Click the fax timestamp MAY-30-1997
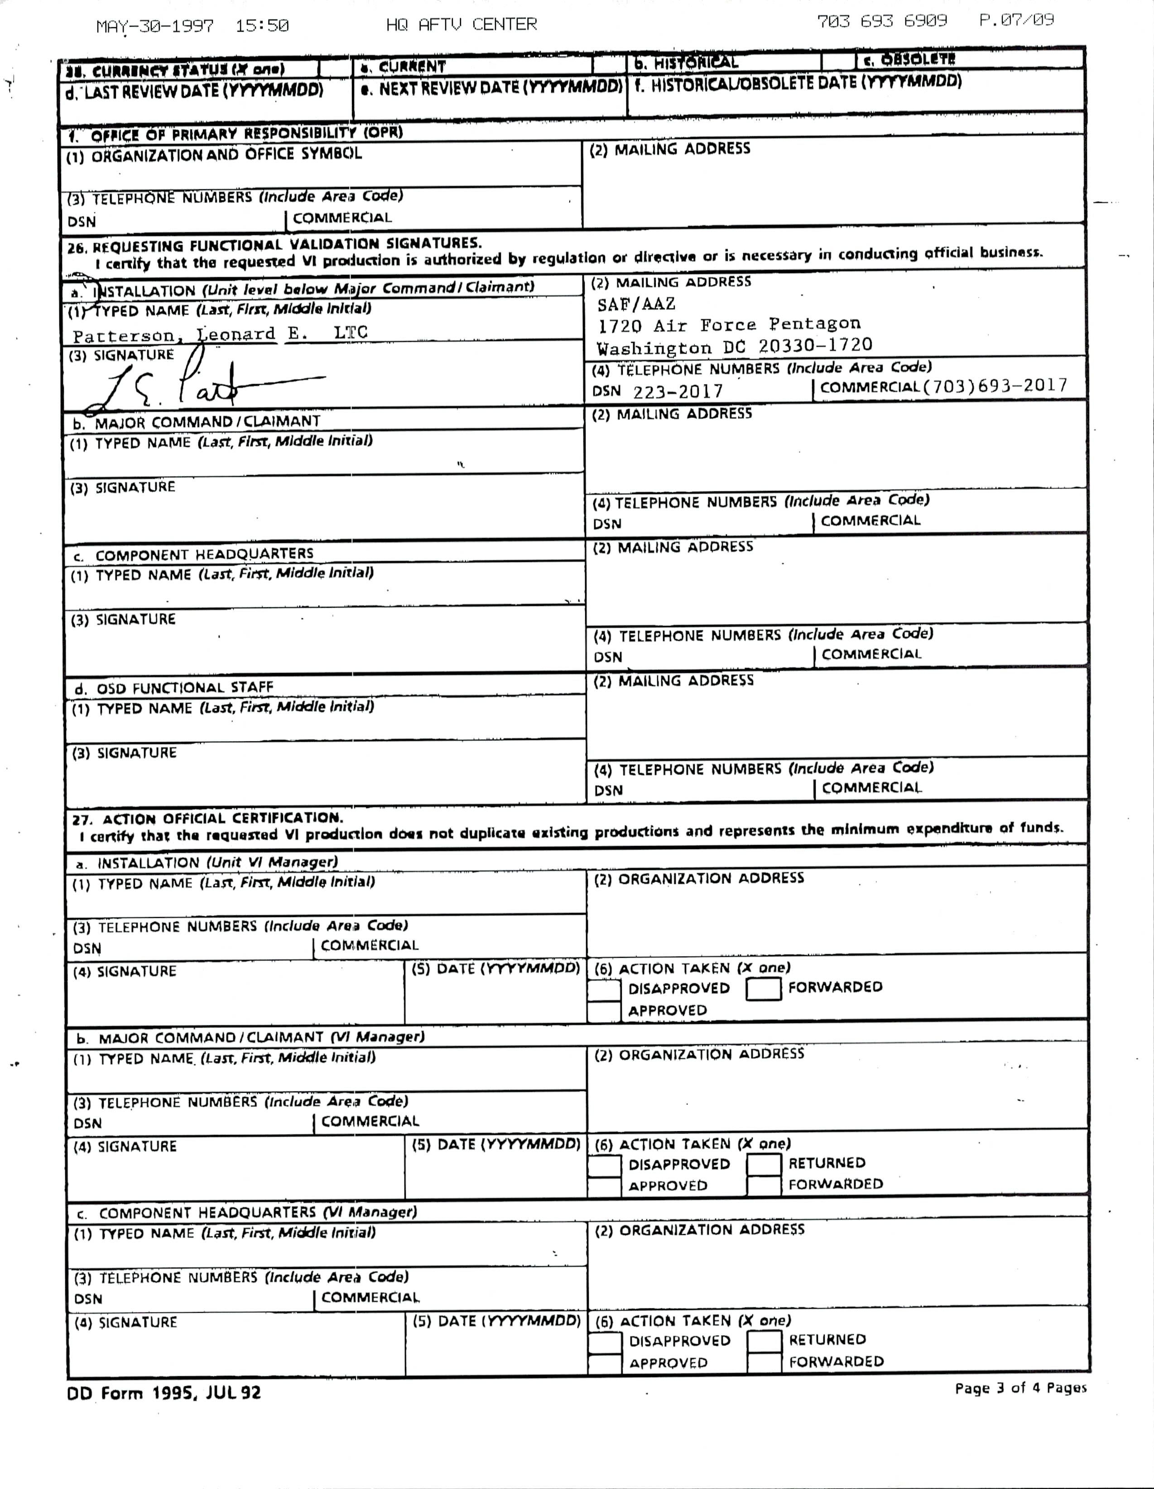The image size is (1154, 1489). pyautogui.click(x=155, y=27)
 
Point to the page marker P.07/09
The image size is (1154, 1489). pyautogui.click(x=1016, y=20)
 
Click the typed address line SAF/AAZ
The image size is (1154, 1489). pyautogui.click(x=636, y=304)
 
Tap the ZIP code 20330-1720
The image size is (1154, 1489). pyautogui.click(x=815, y=346)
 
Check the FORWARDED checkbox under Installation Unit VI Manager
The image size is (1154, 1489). pyautogui.click(x=763, y=989)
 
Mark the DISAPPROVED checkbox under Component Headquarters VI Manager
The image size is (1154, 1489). pyautogui.click(x=604, y=1342)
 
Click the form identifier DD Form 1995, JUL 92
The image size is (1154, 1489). pyautogui.click(x=163, y=1393)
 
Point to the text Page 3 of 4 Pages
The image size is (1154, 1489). pyautogui.click(x=1020, y=1388)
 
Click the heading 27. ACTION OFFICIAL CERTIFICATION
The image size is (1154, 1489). pyautogui.click(x=207, y=818)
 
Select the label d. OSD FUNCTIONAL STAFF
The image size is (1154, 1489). pyautogui.click(x=174, y=688)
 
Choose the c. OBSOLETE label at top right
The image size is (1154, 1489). pyautogui.click(x=909, y=60)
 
